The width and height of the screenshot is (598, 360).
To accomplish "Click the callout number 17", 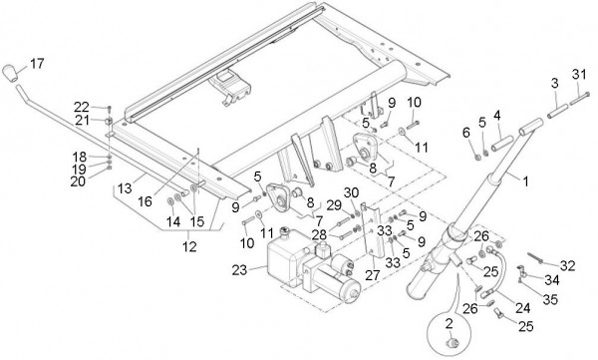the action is [37, 64].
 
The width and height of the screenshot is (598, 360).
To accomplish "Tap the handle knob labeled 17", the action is [10, 73].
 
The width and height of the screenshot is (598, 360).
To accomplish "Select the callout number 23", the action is [239, 270].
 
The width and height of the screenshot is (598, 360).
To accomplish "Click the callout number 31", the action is [579, 74].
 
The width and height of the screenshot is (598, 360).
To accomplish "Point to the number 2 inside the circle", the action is [449, 324].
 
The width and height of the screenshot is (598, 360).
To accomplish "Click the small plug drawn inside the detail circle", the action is [451, 342].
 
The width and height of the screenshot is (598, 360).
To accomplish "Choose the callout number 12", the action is [189, 246].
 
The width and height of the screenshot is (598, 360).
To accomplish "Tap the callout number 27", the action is [372, 275].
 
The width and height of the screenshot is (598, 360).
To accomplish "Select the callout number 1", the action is [526, 181].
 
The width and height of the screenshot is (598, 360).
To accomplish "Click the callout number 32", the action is [567, 265].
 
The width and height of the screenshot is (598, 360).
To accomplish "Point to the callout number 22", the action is [82, 107].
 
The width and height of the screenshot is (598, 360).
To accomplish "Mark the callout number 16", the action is [145, 201].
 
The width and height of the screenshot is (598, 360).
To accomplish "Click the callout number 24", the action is [523, 308].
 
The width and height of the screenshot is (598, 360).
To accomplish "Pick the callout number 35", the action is [550, 300].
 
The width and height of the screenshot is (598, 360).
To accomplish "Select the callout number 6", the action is [466, 133].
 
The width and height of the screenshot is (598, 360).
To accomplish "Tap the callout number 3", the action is [554, 83].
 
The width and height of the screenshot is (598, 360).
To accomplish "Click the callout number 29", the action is [333, 205].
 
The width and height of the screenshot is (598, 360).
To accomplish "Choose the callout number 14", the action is [173, 221].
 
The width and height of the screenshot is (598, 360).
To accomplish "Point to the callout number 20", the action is [78, 181].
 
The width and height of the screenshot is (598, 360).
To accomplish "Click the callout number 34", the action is [552, 280].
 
